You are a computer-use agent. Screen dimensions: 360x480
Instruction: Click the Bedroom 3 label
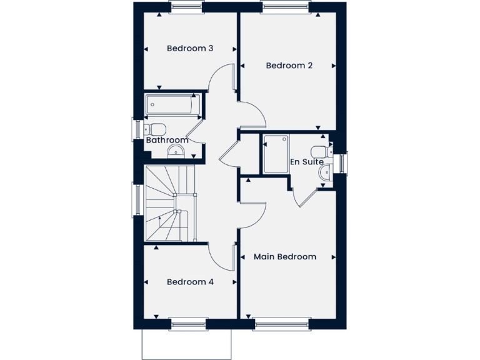coord(191,48)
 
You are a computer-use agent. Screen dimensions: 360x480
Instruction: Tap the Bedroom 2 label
coord(289,66)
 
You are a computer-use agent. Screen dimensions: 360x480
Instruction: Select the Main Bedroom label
coord(284,257)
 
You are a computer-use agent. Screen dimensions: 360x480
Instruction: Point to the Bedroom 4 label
coord(190,282)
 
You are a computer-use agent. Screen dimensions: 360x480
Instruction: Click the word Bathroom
coord(167,141)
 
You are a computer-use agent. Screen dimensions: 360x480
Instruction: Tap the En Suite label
coord(307,162)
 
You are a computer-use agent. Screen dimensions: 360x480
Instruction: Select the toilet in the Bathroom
coord(154,129)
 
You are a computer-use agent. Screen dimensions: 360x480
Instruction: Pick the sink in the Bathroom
coord(178,150)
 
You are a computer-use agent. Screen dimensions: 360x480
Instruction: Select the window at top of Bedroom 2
coord(287,7)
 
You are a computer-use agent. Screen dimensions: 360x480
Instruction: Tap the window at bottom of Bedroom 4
coord(188,324)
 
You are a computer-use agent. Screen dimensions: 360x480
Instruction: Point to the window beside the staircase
coord(137,199)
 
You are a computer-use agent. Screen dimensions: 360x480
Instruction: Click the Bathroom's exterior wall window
coord(137,129)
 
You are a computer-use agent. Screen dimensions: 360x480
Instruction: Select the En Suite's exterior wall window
coord(342,163)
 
